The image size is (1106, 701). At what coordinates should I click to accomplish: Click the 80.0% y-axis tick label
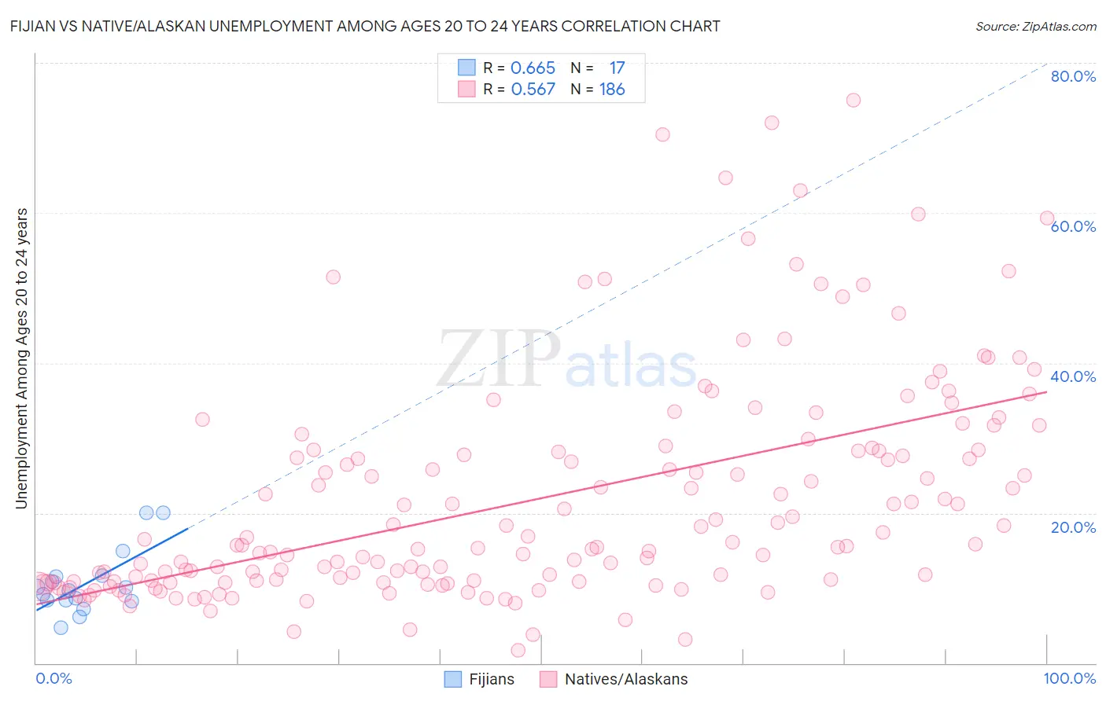pos(1073,76)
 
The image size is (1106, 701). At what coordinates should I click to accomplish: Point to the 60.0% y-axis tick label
pos(1073,226)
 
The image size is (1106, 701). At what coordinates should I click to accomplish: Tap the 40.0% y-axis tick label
pos(1073,376)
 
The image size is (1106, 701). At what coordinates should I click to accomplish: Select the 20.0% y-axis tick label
pos(1073,527)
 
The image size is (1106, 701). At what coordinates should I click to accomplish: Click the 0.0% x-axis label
pos(53,678)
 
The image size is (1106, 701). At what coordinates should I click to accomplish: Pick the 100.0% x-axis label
pos(1070,678)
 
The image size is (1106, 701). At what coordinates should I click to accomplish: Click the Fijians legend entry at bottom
pos(479,679)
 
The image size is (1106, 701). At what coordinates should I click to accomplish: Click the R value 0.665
pos(533,68)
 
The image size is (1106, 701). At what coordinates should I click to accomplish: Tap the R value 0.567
pos(533,90)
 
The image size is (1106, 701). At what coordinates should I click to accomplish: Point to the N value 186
pos(612,90)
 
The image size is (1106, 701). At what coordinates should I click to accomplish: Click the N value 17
pos(617,68)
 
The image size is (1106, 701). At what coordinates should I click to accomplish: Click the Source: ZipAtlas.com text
pos(1035,27)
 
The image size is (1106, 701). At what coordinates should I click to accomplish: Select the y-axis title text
pos(22,358)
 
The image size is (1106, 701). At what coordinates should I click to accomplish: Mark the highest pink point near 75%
pos(853,100)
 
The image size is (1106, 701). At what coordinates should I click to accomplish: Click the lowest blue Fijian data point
pos(61,627)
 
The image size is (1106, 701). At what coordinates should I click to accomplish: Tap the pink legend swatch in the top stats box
pos(466,89)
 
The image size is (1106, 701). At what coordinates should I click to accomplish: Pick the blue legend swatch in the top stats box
pos(466,68)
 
